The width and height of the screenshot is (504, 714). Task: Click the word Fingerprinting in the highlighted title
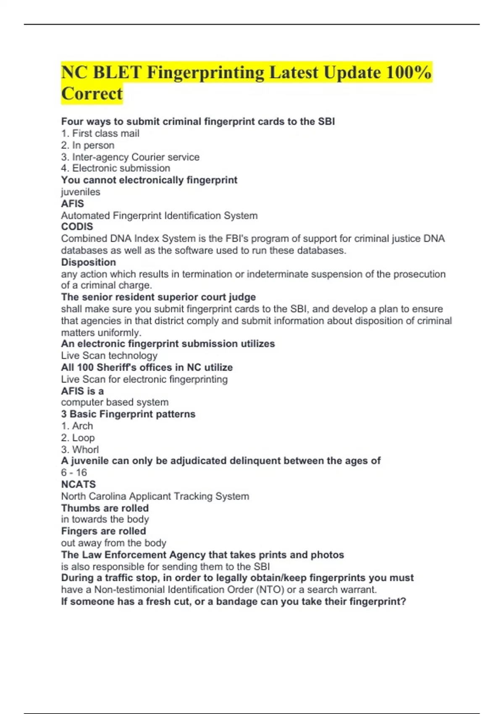pyautogui.click(x=205, y=73)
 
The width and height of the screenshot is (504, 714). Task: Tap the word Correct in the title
pyautogui.click(x=92, y=94)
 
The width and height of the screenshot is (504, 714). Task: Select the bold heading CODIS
pyautogui.click(x=77, y=227)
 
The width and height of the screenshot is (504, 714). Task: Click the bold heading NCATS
pyautogui.click(x=79, y=484)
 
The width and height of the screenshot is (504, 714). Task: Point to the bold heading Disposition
pyautogui.click(x=88, y=262)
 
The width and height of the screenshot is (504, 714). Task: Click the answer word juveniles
pyautogui.click(x=81, y=192)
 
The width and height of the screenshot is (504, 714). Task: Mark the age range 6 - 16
pyautogui.click(x=74, y=472)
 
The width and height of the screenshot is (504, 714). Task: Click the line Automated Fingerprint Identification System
pyautogui.click(x=159, y=215)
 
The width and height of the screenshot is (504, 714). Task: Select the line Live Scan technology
pyautogui.click(x=109, y=356)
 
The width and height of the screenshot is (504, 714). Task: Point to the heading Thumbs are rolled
pyautogui.click(x=105, y=508)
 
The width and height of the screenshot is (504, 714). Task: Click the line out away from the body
pyautogui.click(x=113, y=543)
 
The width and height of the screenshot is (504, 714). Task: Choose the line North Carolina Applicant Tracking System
pyautogui.click(x=155, y=496)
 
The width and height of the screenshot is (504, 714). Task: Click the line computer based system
pyautogui.click(x=115, y=402)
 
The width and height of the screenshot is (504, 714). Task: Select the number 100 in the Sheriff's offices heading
pyautogui.click(x=85, y=367)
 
